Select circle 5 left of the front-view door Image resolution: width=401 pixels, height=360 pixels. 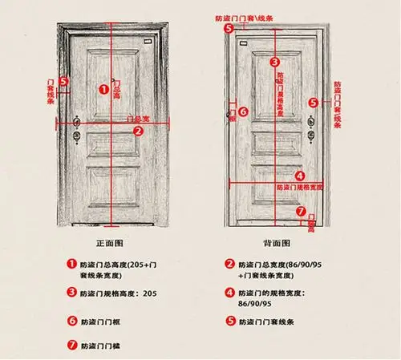tap(65, 81)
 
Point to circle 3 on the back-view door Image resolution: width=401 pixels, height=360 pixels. tap(274, 61)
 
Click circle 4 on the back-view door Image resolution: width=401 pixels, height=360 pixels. tap(298, 176)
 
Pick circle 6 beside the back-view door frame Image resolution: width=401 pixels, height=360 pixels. tap(243, 113)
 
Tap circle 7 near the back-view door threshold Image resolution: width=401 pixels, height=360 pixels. tap(301, 212)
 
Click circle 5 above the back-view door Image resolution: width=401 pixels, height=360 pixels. tap(229, 29)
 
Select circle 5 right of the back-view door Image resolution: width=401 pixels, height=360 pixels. tap(314, 102)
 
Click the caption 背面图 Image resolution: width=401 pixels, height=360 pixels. tap(276, 242)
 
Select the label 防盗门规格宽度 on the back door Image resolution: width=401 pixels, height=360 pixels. tap(298, 187)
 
